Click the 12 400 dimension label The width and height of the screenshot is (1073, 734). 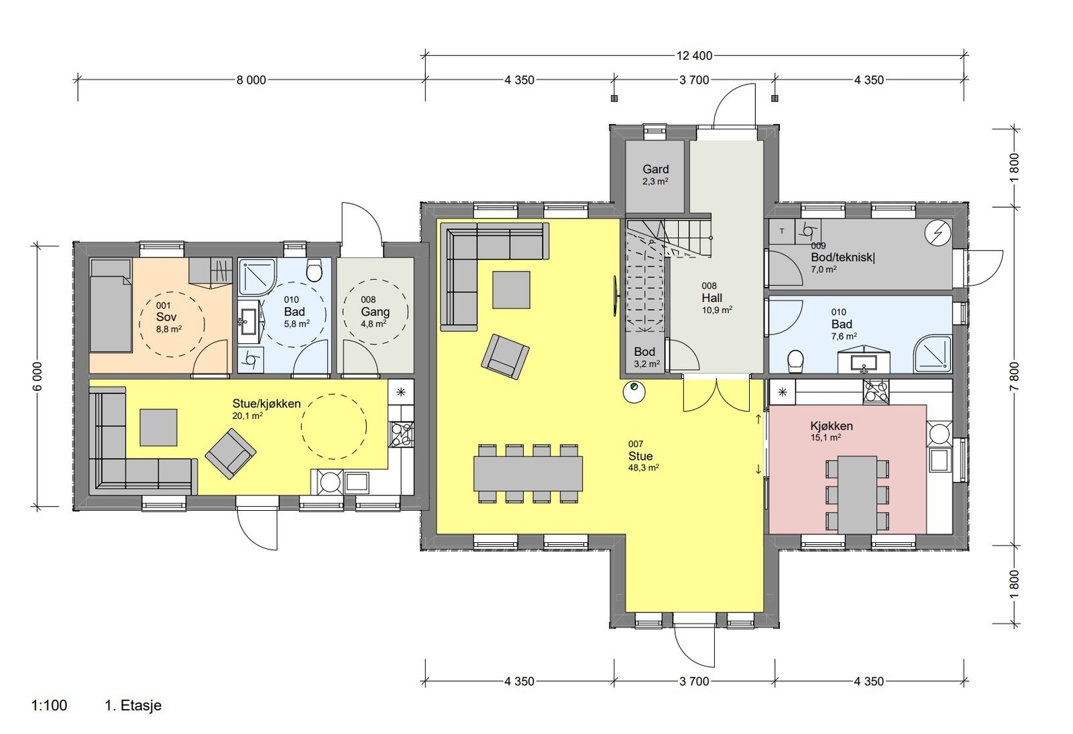pos(694,56)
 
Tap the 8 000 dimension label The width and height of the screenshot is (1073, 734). pos(251,80)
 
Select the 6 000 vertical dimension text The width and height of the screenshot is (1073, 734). pos(38,376)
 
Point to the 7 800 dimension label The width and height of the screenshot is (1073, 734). pos(1015,376)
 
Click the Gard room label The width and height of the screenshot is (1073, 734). pos(655,169)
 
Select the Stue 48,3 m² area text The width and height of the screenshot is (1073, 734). pos(643,468)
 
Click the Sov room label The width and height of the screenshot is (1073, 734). pos(166,316)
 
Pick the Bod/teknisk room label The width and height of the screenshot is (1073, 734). pos(842,257)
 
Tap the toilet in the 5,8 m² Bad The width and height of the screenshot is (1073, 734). pos(315,271)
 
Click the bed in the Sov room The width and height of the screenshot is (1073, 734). pos(111,306)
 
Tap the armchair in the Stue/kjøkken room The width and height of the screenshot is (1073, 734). pos(231,453)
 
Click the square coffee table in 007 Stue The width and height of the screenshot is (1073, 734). pos(512,290)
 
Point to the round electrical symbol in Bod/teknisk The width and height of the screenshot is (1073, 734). pos(938,233)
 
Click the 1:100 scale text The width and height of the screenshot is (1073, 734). pos(50,705)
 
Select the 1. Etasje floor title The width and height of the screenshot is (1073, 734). pos(133,705)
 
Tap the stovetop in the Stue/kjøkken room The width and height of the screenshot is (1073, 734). pos(401,434)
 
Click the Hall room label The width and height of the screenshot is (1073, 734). pos(712,298)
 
